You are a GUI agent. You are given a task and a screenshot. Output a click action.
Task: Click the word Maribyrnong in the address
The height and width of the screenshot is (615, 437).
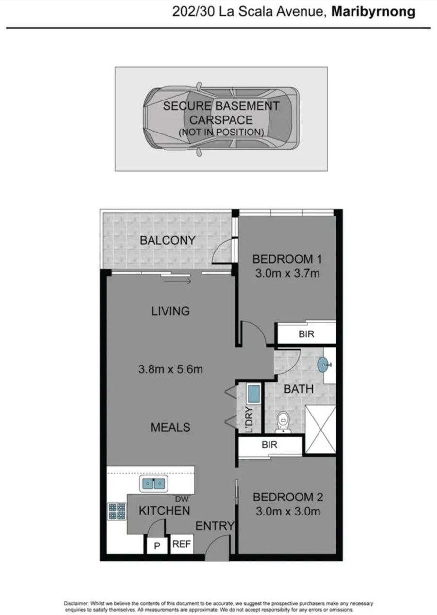(373, 12)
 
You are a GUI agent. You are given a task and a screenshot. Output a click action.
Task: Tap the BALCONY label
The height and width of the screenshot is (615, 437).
(168, 240)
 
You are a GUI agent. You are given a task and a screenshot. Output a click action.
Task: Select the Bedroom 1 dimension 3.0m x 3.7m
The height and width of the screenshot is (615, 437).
(287, 273)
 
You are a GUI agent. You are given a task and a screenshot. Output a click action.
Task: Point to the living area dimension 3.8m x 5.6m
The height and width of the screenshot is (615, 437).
(170, 369)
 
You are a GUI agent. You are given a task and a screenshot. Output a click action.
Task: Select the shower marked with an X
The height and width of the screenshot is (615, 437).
(320, 430)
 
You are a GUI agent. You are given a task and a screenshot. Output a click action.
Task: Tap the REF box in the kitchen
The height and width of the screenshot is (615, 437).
(182, 544)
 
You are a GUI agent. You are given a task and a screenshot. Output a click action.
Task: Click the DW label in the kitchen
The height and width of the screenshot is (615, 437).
(182, 498)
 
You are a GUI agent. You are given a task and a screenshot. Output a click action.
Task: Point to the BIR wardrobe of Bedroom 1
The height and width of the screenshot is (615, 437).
(306, 334)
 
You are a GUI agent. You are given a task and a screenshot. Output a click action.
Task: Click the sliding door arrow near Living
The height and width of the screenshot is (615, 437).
(177, 281)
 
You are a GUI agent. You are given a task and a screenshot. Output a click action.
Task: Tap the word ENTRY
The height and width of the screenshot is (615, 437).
(215, 526)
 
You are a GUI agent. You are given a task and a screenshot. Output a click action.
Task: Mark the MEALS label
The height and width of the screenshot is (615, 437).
(170, 427)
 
